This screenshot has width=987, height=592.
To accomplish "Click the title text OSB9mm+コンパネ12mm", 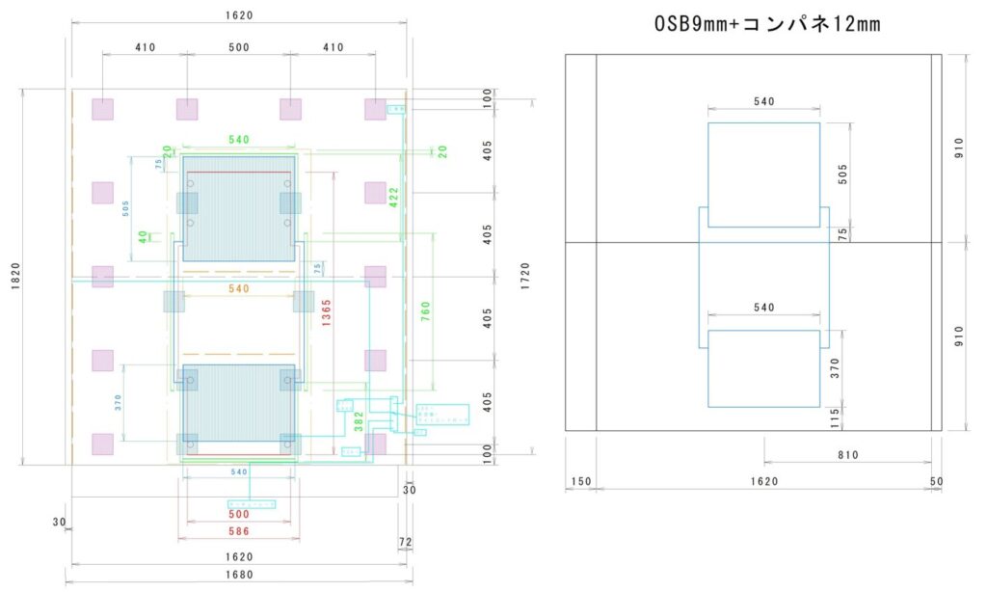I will click(766, 24).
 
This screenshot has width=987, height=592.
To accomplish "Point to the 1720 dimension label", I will click(524, 278).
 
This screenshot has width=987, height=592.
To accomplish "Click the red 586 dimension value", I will click(238, 531).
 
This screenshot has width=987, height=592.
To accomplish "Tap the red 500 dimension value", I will click(238, 515).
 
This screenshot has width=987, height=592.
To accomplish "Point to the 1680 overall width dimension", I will click(238, 576).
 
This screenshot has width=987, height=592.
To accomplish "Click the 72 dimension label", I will click(405, 543).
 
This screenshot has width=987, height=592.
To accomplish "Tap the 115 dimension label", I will click(836, 417).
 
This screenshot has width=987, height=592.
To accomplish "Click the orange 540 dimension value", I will click(238, 288).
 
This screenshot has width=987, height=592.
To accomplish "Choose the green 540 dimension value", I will click(238, 140).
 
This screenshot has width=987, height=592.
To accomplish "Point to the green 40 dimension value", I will click(143, 236).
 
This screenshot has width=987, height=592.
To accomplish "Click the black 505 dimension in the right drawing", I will click(842, 175).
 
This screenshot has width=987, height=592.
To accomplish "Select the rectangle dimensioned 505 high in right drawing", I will click(763, 175).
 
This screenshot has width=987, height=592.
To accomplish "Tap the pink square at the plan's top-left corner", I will click(102, 109).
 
